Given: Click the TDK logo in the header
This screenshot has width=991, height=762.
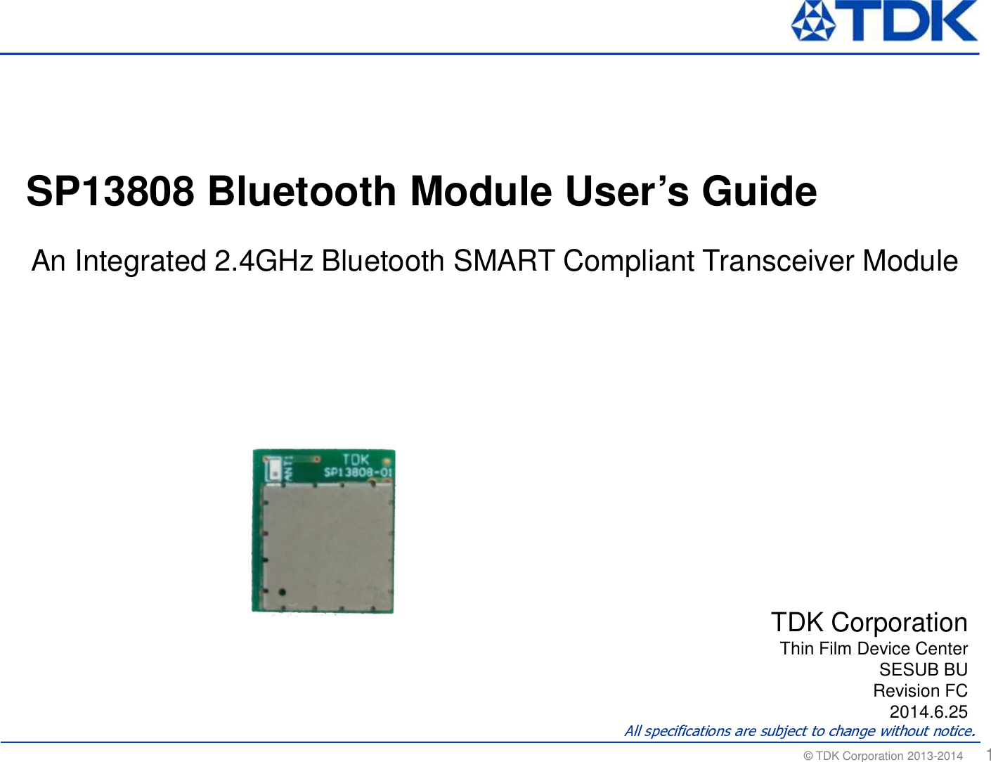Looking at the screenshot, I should pos(883,21).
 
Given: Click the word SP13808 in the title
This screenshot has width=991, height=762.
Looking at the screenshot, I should pos(110,191).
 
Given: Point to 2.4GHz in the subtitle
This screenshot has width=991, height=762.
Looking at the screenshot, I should pos(264,261).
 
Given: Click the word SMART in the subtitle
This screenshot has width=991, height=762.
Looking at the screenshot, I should pos(504,261).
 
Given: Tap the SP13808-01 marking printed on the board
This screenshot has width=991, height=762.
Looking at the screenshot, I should pos(358,472).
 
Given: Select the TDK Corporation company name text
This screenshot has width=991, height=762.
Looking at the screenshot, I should pos(869,623).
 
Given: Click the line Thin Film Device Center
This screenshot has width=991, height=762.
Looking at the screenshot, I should pos(874,648).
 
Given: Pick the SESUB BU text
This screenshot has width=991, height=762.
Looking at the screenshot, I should pos(923,669).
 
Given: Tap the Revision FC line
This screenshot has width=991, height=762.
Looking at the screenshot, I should pos(920,690).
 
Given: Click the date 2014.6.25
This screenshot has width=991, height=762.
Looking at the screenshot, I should pos(928,711).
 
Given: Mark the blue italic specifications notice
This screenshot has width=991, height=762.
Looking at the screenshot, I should pos(800,731).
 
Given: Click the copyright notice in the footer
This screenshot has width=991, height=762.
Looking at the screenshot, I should pos(883,756).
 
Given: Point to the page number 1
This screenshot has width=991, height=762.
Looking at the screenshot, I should pos(987,754).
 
